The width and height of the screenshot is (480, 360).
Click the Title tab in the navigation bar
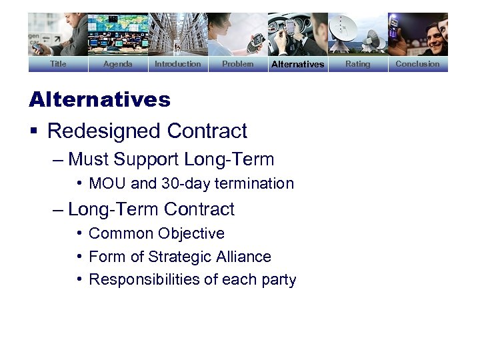pyautogui.click(x=58, y=64)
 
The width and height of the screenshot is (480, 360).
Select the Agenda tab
pyautogui.click(x=118, y=64)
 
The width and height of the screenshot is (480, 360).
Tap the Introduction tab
pyautogui.click(x=177, y=64)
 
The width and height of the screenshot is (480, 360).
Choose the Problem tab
pyautogui.click(x=237, y=64)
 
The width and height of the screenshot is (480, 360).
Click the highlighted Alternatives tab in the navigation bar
pyautogui.click(x=297, y=64)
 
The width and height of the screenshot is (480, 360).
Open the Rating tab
pyautogui.click(x=357, y=64)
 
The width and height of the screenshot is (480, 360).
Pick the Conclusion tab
pyautogui.click(x=417, y=64)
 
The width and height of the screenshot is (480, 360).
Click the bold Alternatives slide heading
pyautogui.click(x=99, y=100)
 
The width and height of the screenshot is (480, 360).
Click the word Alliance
pyautogui.click(x=245, y=257)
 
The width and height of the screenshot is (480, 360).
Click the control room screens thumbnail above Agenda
pyautogui.click(x=118, y=34)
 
